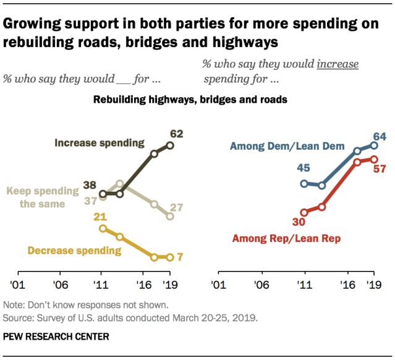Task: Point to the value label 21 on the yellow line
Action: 101,216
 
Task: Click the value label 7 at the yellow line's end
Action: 180,257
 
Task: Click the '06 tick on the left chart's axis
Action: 59,286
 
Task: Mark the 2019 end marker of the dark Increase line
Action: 171,145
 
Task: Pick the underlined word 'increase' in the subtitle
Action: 336,64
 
